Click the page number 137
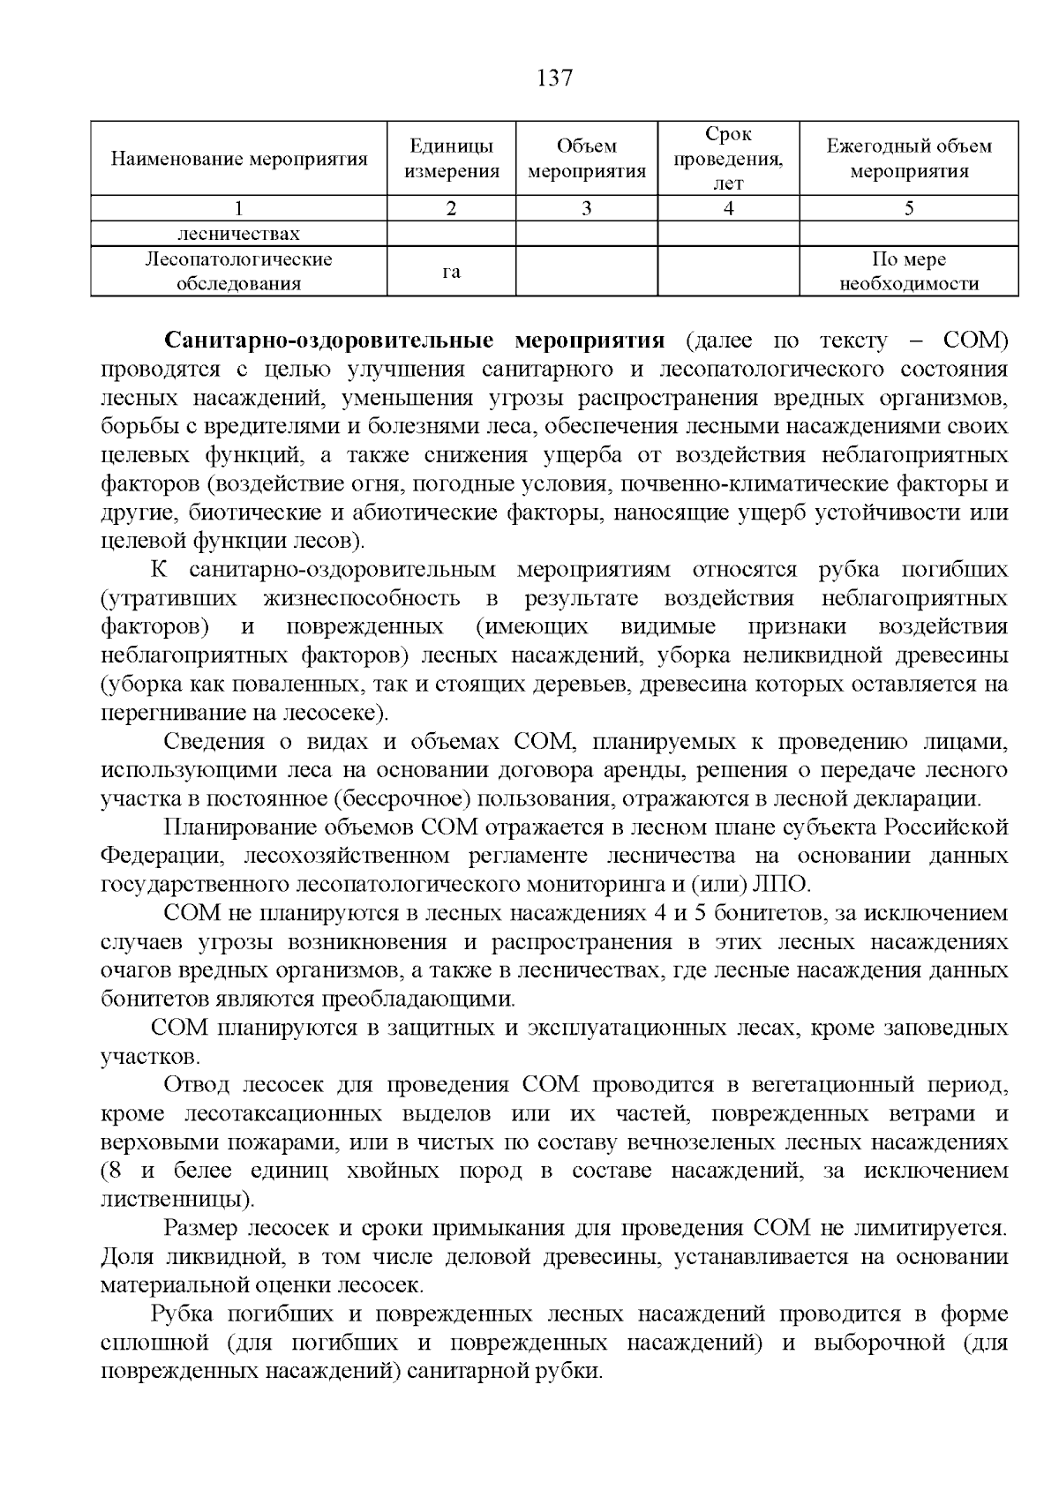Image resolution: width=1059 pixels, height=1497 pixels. (554, 79)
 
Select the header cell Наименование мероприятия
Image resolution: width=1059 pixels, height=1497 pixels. (239, 160)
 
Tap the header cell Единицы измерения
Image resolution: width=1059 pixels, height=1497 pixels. (451, 159)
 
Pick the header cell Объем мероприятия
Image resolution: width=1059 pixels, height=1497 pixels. (587, 159)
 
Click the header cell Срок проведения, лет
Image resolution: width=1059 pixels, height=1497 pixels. (728, 159)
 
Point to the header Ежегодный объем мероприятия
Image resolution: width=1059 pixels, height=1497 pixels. (908, 159)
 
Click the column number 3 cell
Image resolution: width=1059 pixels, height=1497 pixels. (587, 209)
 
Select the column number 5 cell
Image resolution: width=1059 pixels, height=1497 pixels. (908, 209)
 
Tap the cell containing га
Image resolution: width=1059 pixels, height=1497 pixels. (451, 272)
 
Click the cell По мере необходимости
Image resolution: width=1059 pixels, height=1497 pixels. (908, 272)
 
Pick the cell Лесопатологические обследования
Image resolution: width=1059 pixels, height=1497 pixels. (239, 272)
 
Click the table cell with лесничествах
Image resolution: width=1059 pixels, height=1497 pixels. (239, 235)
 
